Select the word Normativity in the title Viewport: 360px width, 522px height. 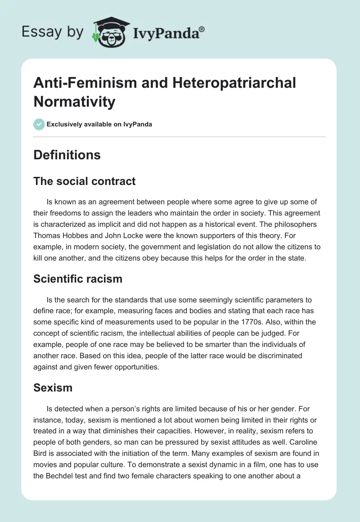click(74, 102)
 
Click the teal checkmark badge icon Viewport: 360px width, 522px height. click(39, 124)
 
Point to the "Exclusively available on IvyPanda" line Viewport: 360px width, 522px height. click(99, 124)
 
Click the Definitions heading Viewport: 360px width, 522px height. click(67, 155)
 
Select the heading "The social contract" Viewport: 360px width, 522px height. click(85, 181)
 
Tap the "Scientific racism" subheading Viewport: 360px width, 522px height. click(78, 279)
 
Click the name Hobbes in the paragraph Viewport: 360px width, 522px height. click(78, 234)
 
